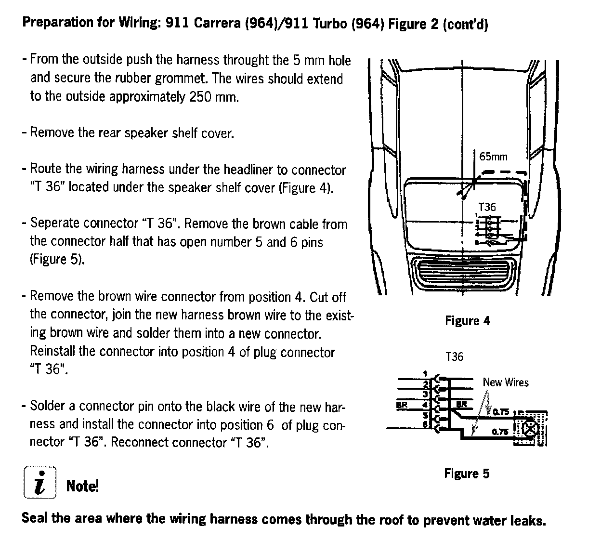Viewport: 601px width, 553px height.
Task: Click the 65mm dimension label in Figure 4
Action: (493, 157)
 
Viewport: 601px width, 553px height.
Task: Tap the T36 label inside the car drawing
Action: (487, 207)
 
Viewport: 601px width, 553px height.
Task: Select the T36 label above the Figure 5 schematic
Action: (454, 357)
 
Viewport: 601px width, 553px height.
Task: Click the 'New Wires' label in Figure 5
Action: (506, 382)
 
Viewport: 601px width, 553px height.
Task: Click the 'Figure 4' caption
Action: (467, 321)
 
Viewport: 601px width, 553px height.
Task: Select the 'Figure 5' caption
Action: (466, 474)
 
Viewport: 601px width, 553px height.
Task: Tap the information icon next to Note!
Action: (39, 483)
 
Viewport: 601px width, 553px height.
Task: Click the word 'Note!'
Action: (82, 486)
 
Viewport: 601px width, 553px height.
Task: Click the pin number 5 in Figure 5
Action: (425, 415)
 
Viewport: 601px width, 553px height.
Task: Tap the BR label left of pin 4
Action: (401, 405)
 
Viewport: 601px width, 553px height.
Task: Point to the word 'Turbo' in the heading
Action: (330, 24)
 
